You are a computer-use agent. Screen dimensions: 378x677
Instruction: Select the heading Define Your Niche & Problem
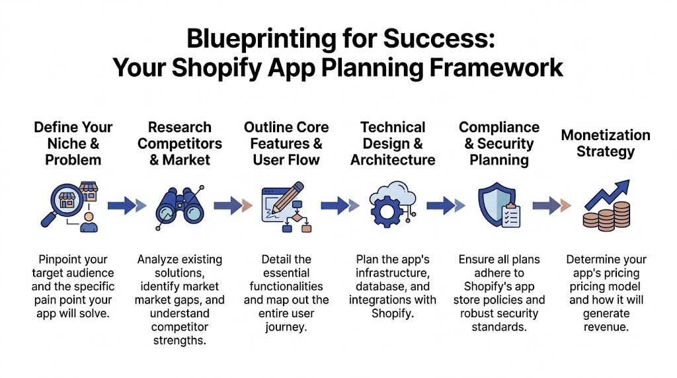73,143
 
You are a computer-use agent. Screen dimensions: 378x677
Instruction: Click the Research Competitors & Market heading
179,143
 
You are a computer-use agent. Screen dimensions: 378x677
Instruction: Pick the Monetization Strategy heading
606,143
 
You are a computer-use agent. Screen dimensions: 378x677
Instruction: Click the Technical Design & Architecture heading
393,143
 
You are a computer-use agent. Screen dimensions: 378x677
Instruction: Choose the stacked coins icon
606,215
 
